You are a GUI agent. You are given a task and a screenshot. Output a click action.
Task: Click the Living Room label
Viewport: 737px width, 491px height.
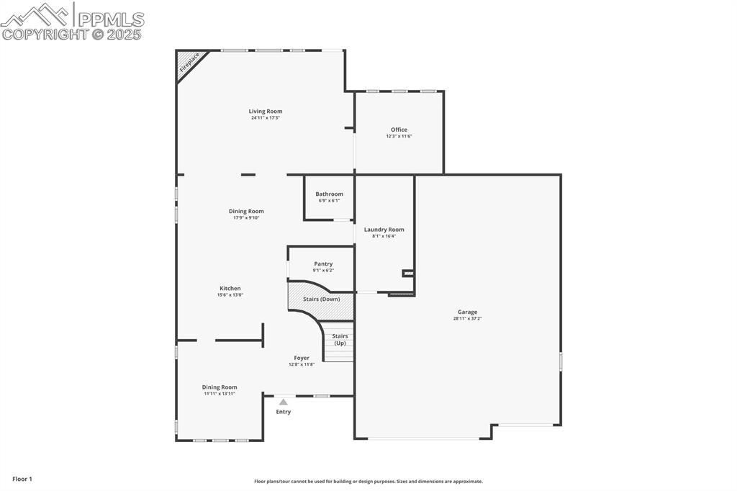coord(266,112)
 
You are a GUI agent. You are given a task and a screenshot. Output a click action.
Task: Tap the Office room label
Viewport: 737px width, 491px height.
coord(399,130)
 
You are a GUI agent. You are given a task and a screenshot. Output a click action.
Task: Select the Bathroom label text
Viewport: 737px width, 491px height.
coord(329,194)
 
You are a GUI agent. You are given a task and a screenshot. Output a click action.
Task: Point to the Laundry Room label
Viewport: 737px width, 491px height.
coord(384,230)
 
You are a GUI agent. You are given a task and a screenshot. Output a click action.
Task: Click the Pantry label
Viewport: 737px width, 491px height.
coord(323,264)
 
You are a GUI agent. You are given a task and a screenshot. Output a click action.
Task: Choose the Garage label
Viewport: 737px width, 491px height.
coord(467,312)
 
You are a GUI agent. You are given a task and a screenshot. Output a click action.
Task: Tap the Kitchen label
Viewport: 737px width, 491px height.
coord(230,289)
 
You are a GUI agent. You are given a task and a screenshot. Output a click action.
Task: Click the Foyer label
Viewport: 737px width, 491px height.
coord(302,358)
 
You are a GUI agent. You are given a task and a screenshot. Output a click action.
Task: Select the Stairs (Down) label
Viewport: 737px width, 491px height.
coord(321,299)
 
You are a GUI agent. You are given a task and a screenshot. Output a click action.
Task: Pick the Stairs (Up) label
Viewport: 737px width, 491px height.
coord(340,339)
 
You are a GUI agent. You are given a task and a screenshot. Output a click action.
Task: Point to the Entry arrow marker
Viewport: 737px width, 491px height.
coord(284,402)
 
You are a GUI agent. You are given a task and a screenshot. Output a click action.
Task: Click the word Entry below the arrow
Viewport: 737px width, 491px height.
coord(284,412)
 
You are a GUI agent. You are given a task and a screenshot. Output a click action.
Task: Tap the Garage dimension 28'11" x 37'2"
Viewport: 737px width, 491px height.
coord(467,318)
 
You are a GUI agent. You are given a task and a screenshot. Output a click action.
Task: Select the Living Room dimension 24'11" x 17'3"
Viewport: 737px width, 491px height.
coord(266,118)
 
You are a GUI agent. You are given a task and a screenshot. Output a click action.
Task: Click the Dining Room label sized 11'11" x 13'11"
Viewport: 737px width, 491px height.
coord(220,387)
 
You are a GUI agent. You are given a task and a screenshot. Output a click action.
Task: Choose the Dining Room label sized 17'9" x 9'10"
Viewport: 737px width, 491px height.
coord(246,212)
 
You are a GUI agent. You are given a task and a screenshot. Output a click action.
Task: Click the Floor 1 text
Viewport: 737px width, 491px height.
coord(22,479)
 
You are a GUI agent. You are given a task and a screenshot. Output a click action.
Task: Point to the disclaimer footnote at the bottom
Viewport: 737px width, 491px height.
coord(368,482)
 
